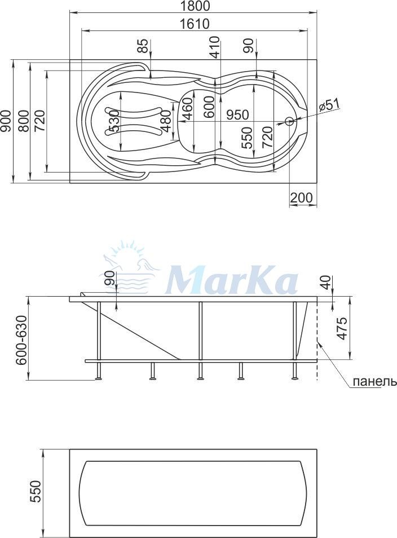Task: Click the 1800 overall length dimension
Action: tap(194, 6)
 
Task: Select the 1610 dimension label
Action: tap(194, 24)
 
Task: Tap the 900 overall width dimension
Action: tap(5, 121)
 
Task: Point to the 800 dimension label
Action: tap(23, 121)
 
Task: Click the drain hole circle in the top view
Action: tap(289, 121)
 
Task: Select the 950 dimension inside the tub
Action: tap(237, 114)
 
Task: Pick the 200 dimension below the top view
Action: tap(302, 197)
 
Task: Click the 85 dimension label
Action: tap(145, 46)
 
